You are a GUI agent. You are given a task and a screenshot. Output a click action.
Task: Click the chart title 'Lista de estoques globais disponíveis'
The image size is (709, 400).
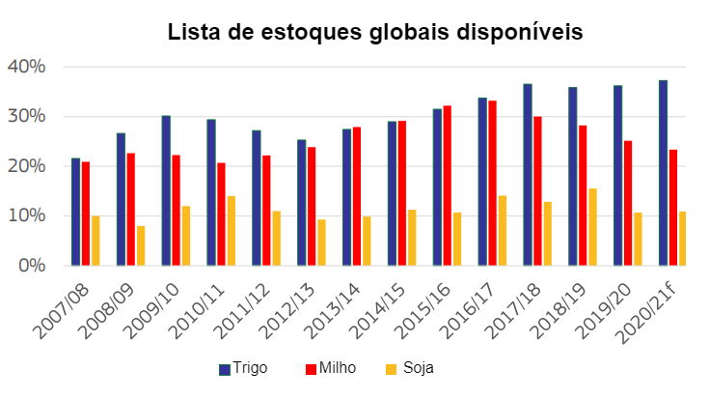coord(375,32)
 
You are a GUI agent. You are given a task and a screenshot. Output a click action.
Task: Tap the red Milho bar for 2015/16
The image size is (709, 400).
coord(447,186)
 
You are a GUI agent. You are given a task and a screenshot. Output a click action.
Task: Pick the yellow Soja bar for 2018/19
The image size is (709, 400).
coord(592,227)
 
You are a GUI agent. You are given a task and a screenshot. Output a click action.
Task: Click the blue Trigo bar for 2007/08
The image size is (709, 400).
coord(75,212)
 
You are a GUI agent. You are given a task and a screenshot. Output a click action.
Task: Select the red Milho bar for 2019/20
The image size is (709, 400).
coord(628,203)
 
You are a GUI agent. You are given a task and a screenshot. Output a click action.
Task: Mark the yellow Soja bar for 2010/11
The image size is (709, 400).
coord(232,231)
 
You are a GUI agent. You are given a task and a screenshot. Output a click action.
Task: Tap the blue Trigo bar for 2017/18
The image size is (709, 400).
coord(528,175)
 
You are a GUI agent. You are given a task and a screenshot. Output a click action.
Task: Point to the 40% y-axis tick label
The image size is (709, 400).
coord(26,67)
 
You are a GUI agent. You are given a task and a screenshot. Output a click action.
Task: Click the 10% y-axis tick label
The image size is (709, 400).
coord(26,215)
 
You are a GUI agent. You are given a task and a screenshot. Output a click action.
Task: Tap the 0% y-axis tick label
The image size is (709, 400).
coord(31,266)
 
